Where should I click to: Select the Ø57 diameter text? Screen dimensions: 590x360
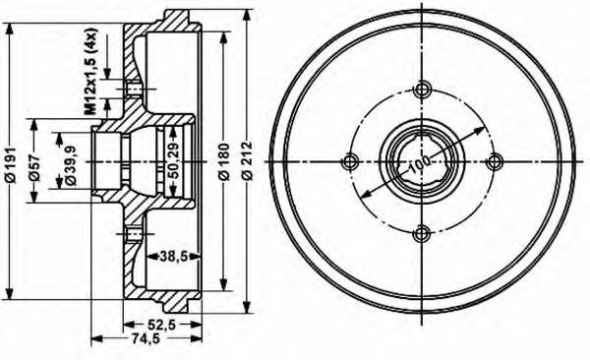tap(34, 167)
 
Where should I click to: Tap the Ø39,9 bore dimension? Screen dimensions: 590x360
tap(71, 165)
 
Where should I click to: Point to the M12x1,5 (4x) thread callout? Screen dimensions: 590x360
tap(90, 71)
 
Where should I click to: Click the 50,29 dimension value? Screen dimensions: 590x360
tap(173, 160)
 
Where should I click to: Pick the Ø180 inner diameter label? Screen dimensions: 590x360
tap(223, 162)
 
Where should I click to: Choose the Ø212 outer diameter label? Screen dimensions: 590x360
tap(247, 160)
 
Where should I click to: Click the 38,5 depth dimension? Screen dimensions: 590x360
tap(173, 257)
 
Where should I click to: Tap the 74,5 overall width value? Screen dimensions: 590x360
tap(146, 338)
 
